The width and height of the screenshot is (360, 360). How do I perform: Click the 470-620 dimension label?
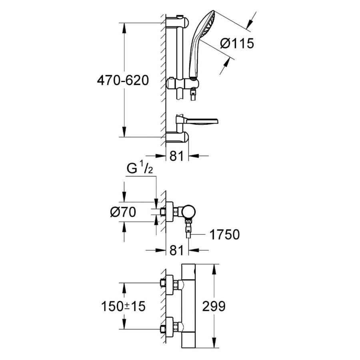point(123,80)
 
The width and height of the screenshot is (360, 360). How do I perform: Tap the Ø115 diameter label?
point(237,43)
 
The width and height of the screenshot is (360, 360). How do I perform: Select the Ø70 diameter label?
point(123,212)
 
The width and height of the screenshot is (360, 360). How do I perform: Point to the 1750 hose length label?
point(225,234)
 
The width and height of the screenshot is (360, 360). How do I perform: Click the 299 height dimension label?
point(214,306)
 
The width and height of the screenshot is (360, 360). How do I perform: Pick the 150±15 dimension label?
point(123,306)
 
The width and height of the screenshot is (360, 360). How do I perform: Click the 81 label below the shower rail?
point(177,156)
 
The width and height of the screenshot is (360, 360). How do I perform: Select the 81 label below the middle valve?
point(177,250)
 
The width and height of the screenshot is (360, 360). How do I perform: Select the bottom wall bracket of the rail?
point(177,137)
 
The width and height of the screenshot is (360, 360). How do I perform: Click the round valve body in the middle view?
point(188,211)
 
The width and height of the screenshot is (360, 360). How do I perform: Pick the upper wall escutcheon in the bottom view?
point(170,284)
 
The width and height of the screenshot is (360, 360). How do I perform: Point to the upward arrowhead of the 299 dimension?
point(214,269)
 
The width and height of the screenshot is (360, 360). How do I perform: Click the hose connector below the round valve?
point(188,228)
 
